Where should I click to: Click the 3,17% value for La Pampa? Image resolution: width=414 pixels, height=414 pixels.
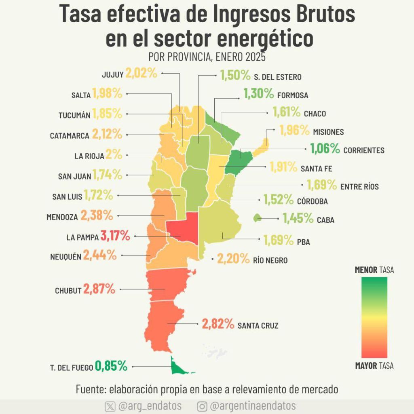[x=115, y=236]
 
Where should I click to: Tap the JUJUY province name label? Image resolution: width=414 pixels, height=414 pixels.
[x=113, y=75]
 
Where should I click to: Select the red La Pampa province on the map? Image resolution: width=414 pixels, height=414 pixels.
[x=184, y=228]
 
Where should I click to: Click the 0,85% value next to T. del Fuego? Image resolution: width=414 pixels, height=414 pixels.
[x=111, y=366]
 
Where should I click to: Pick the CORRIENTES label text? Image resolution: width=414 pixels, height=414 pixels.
[x=364, y=150]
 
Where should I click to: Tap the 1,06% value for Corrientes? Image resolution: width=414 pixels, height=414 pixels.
[x=325, y=148]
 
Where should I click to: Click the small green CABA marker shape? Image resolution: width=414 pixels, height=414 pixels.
[x=257, y=218]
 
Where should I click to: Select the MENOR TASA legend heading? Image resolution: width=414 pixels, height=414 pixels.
[x=374, y=270]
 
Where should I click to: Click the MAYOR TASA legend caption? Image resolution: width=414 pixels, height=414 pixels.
[x=374, y=365]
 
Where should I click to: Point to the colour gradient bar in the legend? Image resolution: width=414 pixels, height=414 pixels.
[x=374, y=317]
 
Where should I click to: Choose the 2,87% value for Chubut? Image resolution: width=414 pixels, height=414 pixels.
[x=99, y=289]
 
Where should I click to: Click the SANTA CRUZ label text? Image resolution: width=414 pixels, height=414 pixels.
[x=258, y=325]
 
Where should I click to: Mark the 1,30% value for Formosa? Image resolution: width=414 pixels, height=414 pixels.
[x=258, y=93]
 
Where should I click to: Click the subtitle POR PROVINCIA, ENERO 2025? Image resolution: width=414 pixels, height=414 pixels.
[x=207, y=57]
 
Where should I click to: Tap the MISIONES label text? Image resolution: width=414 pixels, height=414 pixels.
[x=328, y=132]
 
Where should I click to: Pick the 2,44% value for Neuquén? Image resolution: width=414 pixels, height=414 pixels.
[x=100, y=255]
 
